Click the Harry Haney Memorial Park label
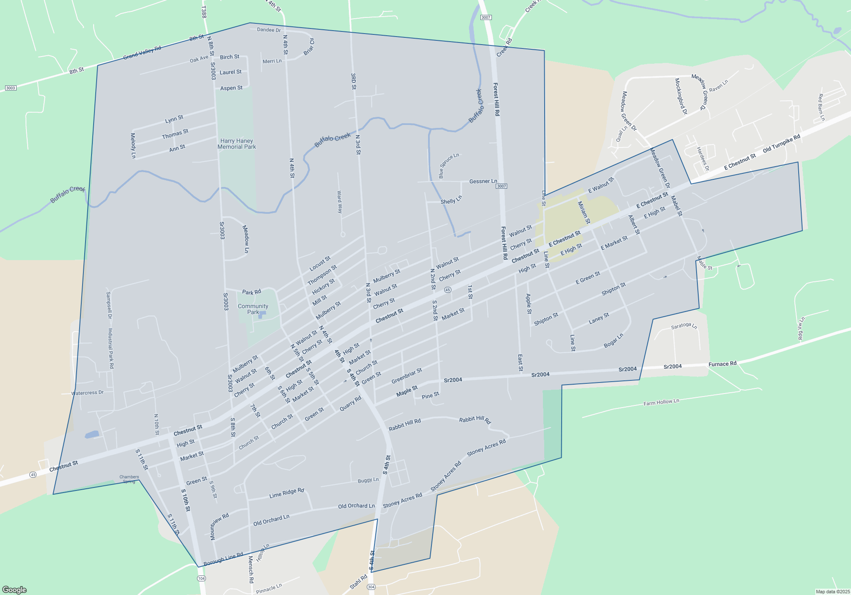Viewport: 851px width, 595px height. coord(237,144)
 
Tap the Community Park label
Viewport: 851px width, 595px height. coord(253,309)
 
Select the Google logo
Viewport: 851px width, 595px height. coord(14,589)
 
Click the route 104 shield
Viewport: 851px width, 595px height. coord(201,578)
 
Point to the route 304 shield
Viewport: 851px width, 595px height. coord(371,587)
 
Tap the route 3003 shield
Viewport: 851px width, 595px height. coord(11,88)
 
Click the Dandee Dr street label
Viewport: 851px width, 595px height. coord(269,30)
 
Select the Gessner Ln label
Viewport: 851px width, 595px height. coord(483,181)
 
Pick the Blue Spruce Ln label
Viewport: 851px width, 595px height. coord(448,165)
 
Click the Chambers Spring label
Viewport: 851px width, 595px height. coord(129,479)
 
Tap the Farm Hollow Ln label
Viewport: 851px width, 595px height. coord(661,402)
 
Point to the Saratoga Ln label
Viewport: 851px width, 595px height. coord(684,326)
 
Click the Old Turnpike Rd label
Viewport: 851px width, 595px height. coord(781,143)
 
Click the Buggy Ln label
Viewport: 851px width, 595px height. coord(368,480)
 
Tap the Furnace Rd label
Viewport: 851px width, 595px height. coord(722,364)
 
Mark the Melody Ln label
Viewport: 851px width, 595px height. coord(133,145)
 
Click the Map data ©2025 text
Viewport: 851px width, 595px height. coord(832,592)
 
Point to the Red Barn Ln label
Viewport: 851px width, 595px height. coord(821,107)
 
